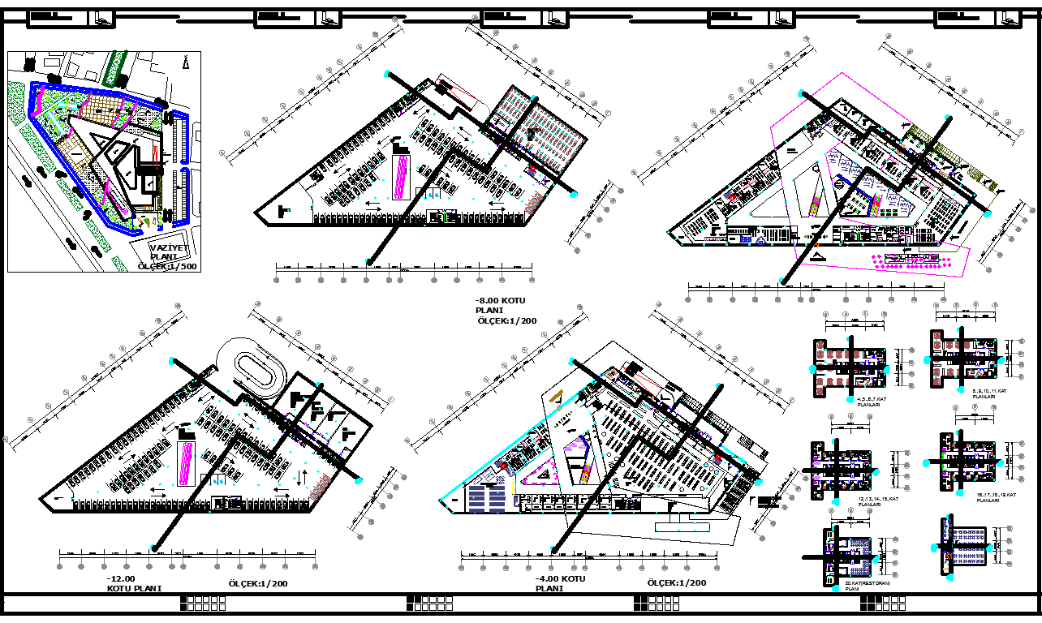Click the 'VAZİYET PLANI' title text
pyautogui.click(x=169, y=252)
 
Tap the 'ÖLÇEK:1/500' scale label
pyautogui.click(x=167, y=266)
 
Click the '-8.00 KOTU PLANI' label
pyautogui.click(x=502, y=305)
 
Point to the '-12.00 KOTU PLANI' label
pyautogui.click(x=134, y=583)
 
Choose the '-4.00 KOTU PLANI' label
pyautogui.click(x=560, y=583)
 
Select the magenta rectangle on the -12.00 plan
pyautogui.click(x=186, y=462)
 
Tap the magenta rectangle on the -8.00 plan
pyautogui.click(x=401, y=177)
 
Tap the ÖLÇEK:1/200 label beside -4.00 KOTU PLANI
pyautogui.click(x=676, y=582)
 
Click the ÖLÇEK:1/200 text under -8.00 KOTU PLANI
pyautogui.click(x=507, y=320)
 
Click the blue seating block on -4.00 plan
pyautogui.click(x=487, y=496)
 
